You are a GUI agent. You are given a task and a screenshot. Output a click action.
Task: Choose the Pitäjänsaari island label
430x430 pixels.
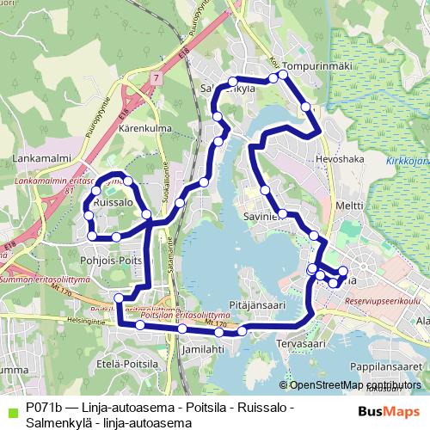(x=257, y=304)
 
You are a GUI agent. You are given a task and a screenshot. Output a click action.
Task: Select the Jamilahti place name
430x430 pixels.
(x=204, y=350)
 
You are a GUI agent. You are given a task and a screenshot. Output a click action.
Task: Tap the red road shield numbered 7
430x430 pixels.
(x=156, y=78)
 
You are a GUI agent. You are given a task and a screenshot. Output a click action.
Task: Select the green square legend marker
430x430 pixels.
(x=10, y=410)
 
